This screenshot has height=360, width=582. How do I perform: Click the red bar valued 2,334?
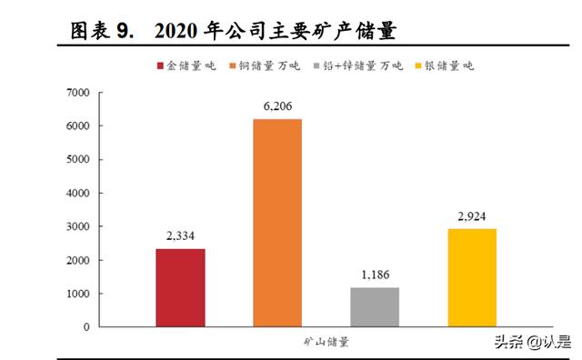[x=180, y=287]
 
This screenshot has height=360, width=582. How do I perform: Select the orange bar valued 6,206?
[x=277, y=222]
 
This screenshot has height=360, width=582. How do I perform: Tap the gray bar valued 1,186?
[x=375, y=306]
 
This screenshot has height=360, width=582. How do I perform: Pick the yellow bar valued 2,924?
[x=472, y=277]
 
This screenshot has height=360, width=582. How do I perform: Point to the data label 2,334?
[x=180, y=236]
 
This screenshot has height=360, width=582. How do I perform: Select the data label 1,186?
[x=375, y=275]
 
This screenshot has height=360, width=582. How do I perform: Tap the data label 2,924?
[x=472, y=216]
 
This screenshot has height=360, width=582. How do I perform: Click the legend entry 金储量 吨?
[x=186, y=65]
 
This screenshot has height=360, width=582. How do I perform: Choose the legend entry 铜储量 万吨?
[x=269, y=65]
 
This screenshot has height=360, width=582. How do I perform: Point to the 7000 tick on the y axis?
[x=77, y=93]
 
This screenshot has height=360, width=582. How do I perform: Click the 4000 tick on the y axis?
[x=77, y=193]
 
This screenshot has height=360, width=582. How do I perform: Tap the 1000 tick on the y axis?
[x=77, y=294]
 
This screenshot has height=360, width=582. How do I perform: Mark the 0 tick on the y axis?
[x=85, y=327]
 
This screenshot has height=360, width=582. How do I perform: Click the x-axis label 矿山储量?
[x=326, y=343]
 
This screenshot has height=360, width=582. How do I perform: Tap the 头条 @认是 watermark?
[x=532, y=343]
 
